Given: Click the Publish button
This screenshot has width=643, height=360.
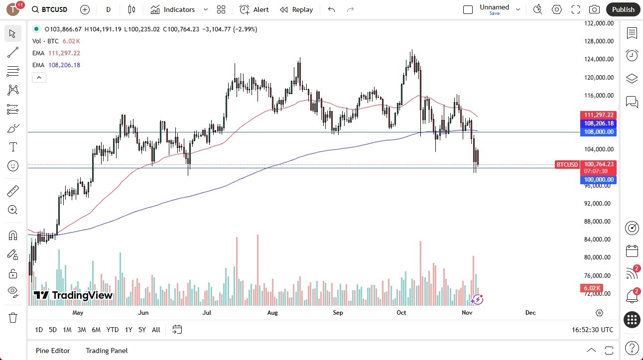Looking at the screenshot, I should tap(623, 9).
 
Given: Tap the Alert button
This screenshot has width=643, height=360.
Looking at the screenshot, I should tap(255, 9).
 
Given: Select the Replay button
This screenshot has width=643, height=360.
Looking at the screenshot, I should tap(297, 9).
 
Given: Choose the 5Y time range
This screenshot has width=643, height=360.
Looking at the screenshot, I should tap(142, 330).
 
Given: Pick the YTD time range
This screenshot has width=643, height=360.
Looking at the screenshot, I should tap(113, 330).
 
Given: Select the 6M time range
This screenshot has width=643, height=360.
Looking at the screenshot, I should tap(96, 330).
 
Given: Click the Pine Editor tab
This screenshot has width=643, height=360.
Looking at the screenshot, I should tap(53, 351).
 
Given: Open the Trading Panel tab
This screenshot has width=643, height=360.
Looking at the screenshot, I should tap(107, 351).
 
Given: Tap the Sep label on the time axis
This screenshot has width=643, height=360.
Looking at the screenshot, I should tap(338, 313).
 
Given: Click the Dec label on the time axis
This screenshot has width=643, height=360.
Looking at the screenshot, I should tap(530, 313).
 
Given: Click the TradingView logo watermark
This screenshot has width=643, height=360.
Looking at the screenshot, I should tap(73, 295).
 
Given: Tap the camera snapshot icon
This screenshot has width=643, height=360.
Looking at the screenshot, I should tap(594, 9).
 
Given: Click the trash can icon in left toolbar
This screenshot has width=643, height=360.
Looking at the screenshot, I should tap(13, 318).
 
